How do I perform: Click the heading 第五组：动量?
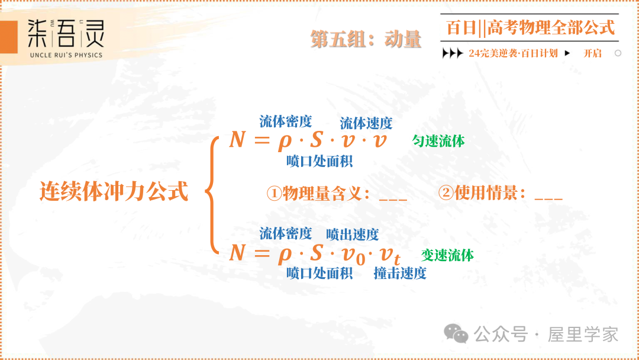[366, 40]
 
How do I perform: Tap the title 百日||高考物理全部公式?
[530, 27]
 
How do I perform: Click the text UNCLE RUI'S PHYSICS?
[65, 55]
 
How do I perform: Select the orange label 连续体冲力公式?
[114, 191]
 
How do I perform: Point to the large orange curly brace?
[212, 192]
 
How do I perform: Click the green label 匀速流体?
[438, 141]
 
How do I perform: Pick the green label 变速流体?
[447, 255]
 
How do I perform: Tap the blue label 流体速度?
[366, 123]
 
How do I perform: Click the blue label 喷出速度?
[353, 234]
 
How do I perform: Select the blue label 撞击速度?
[400, 273]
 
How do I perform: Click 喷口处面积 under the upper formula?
[319, 160]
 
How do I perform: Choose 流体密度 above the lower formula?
[286, 233]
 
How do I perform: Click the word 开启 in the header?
[592, 53]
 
